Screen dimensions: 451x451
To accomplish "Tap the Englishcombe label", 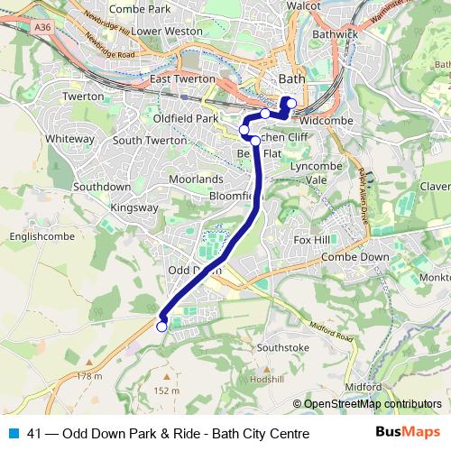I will pyautogui.click(x=32, y=238).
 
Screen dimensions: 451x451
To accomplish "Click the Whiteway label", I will pyautogui.click(x=69, y=139).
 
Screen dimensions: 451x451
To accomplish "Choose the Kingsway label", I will pyautogui.click(x=133, y=207).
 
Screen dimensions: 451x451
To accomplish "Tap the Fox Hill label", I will pyautogui.click(x=312, y=240).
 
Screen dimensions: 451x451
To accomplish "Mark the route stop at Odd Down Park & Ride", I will pyautogui.click(x=161, y=327).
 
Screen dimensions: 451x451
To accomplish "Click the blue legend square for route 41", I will pyautogui.click(x=13, y=434).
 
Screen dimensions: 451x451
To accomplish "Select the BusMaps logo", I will pyautogui.click(x=408, y=433).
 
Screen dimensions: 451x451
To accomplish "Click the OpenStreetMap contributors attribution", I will pyautogui.click(x=373, y=404).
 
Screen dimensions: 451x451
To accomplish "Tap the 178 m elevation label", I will pyautogui.click(x=90, y=375).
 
